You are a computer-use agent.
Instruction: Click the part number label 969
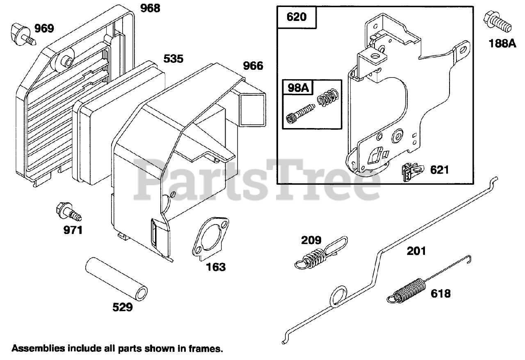pyautogui.click(x=44, y=28)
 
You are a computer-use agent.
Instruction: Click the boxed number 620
pyautogui.click(x=297, y=17)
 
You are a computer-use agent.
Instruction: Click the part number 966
pyautogui.click(x=253, y=66)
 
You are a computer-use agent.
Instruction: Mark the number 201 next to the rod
pyautogui.click(x=416, y=250)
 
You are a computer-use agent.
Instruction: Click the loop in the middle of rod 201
pyautogui.click(x=338, y=295)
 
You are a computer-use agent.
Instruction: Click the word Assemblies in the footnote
pyautogui.click(x=38, y=349)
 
